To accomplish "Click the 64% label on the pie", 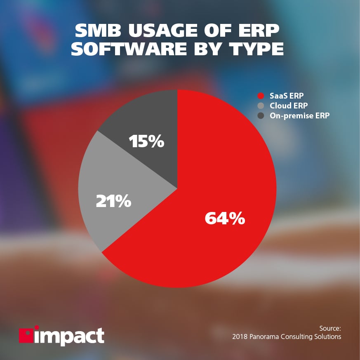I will tap(225, 219).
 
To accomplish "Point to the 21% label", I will tap(113, 202).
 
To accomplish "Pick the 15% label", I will tap(146, 142).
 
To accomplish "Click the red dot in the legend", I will tap(260, 96).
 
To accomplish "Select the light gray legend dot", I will tap(260, 106).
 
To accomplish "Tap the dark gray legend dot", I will tap(260, 116).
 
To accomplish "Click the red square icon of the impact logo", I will tap(26, 335).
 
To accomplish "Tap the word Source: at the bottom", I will tap(330, 328).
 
